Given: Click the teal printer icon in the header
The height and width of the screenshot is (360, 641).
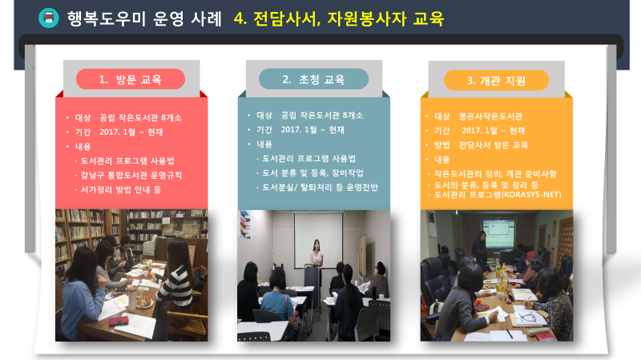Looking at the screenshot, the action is tap(49, 18).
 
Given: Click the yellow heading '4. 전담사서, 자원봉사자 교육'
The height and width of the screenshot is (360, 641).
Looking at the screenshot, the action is tap(339, 18).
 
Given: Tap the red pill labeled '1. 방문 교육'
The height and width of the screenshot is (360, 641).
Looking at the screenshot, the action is tap(131, 79).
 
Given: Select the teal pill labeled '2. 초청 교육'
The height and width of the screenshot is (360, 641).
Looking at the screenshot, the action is tap(313, 79).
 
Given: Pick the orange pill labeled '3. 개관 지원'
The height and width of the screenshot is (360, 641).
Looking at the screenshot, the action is tap(496, 80).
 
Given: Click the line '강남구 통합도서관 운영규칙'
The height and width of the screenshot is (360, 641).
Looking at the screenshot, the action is tap(131, 175).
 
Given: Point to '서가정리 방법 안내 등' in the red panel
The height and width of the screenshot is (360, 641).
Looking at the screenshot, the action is tap(121, 189).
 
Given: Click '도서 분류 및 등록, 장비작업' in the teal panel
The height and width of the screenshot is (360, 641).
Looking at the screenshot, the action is tap(312, 173).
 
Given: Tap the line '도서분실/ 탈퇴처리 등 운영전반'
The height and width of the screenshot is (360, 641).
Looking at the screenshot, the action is tap(320, 188).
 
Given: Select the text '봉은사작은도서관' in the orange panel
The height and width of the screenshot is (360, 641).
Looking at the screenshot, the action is tap(490, 116).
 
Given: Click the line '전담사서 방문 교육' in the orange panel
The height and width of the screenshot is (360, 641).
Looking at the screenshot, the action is tap(494, 145).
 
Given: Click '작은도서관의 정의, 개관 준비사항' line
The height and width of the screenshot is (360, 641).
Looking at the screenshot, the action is tap(495, 174).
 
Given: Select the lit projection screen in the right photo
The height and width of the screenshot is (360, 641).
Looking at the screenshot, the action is tap(498, 233).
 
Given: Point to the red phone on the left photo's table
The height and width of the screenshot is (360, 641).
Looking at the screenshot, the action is tap(118, 322).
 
